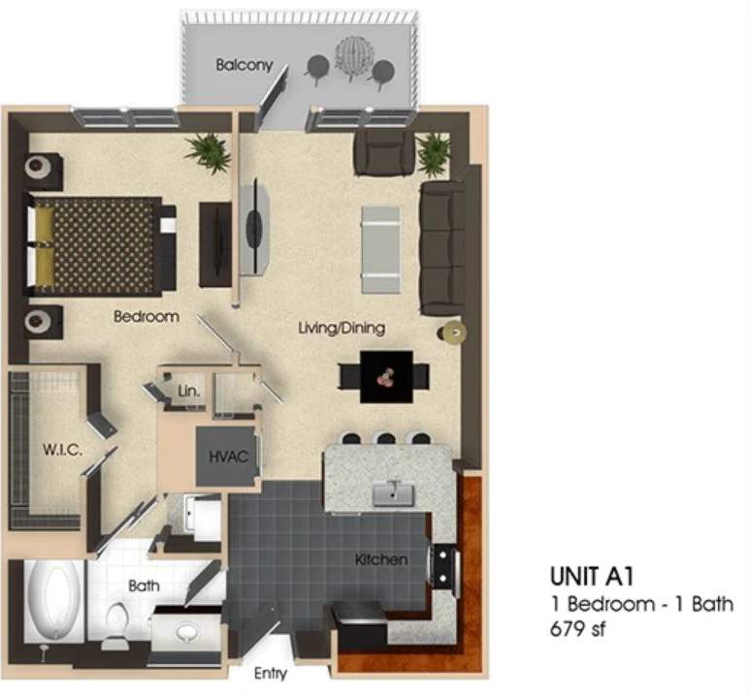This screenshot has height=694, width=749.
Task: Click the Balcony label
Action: (244, 66)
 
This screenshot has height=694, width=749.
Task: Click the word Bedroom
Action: (146, 317)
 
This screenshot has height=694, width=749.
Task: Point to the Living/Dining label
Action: (341, 329)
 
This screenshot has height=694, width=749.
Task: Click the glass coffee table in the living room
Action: (380, 249)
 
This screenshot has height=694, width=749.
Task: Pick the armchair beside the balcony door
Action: (384, 153)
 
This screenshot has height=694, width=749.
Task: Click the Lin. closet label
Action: (189, 391)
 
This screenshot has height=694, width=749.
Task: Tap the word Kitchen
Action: (380, 559)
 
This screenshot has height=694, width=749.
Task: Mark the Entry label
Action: (270, 674)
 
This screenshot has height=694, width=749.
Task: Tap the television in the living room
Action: (254, 226)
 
